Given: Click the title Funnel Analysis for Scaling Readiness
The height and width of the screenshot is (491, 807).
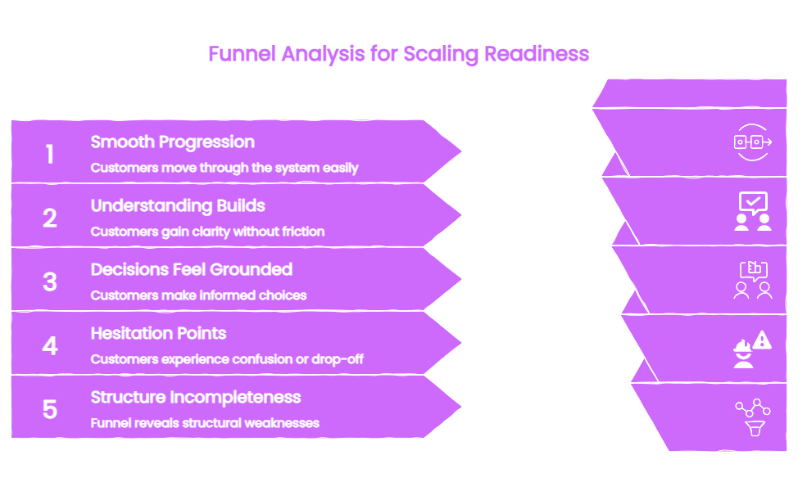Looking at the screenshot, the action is coord(399,55).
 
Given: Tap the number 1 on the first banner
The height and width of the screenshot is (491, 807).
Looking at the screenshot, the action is coord(50,154).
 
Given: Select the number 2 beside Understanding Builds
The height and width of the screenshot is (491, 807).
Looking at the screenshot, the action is coord(50,218).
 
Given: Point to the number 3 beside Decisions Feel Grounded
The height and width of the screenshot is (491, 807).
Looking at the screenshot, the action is coord(50,282).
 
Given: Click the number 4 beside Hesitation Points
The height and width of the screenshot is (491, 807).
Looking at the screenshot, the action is coord(50,345).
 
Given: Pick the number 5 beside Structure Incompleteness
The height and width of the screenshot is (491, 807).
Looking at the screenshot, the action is coord(50,409).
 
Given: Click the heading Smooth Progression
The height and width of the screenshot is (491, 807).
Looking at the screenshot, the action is coord(172,142).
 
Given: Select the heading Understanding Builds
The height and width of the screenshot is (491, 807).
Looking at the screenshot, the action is coord(178,205).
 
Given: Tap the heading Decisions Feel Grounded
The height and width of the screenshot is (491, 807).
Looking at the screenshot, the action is coord(192,269).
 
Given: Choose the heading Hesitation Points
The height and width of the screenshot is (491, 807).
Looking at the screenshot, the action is coord(158,333).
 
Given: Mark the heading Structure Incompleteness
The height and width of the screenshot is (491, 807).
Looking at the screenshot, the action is coord(196,398).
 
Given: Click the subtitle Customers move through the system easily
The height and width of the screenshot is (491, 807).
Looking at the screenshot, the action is coord(224,168).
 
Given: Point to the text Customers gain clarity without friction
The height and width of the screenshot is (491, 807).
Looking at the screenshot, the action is coord(207,232).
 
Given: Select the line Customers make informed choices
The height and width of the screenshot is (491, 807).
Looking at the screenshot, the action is coord(198,295).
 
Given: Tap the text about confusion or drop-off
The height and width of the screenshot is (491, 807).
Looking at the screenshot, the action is coord(227,359).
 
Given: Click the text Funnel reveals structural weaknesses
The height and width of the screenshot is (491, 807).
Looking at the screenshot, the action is coord(205,423).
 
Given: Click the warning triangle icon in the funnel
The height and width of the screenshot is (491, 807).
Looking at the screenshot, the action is coord(762,340).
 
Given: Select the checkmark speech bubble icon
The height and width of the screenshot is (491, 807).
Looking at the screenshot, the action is coord(753,203).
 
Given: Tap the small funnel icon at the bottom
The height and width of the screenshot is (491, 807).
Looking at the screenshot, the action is coord(755,428).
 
